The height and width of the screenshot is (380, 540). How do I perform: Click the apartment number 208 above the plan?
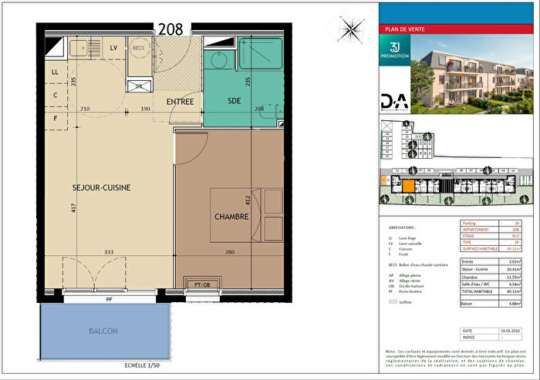[x=170, y=29]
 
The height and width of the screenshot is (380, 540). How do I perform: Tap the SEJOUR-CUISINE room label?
[x=102, y=187]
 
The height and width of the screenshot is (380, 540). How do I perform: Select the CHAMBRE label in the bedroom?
[x=231, y=217]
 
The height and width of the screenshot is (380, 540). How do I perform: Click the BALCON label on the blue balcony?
[x=103, y=331]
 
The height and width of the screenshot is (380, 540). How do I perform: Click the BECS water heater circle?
[x=139, y=48]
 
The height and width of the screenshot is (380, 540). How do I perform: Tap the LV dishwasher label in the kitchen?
[x=113, y=48]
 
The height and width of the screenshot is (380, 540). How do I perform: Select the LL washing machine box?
[x=55, y=72]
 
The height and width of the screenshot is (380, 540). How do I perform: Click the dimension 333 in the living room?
[x=110, y=251]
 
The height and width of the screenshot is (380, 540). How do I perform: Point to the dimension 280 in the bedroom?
[x=229, y=251]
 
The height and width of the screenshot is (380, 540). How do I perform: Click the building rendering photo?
[x=472, y=76]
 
